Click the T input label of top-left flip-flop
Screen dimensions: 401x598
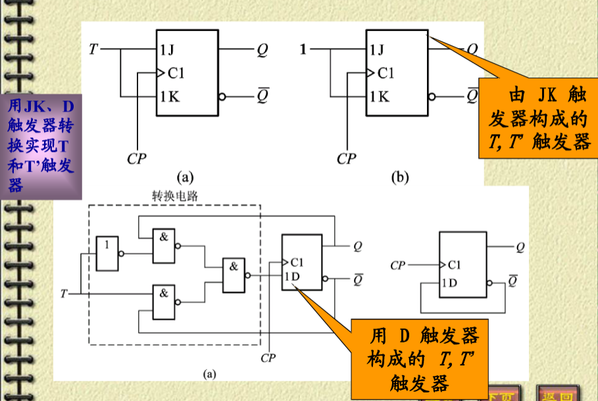click(93, 49)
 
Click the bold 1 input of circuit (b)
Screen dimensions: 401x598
click(303, 49)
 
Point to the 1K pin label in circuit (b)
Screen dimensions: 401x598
click(380, 97)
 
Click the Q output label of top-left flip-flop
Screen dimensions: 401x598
click(262, 50)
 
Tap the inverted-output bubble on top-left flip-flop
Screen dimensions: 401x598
click(222, 97)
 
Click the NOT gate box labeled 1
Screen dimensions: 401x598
click(107, 253)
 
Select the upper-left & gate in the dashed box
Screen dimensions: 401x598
click(164, 245)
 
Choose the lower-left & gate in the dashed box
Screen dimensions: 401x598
click(164, 302)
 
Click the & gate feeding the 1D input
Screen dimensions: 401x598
click(233, 275)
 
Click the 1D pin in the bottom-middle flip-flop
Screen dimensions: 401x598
click(291, 276)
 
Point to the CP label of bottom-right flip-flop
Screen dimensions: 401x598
click(398, 265)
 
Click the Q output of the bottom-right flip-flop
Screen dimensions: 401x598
click(520, 247)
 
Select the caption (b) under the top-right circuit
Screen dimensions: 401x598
click(399, 176)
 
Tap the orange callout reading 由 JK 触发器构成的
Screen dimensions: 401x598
click(537, 118)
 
